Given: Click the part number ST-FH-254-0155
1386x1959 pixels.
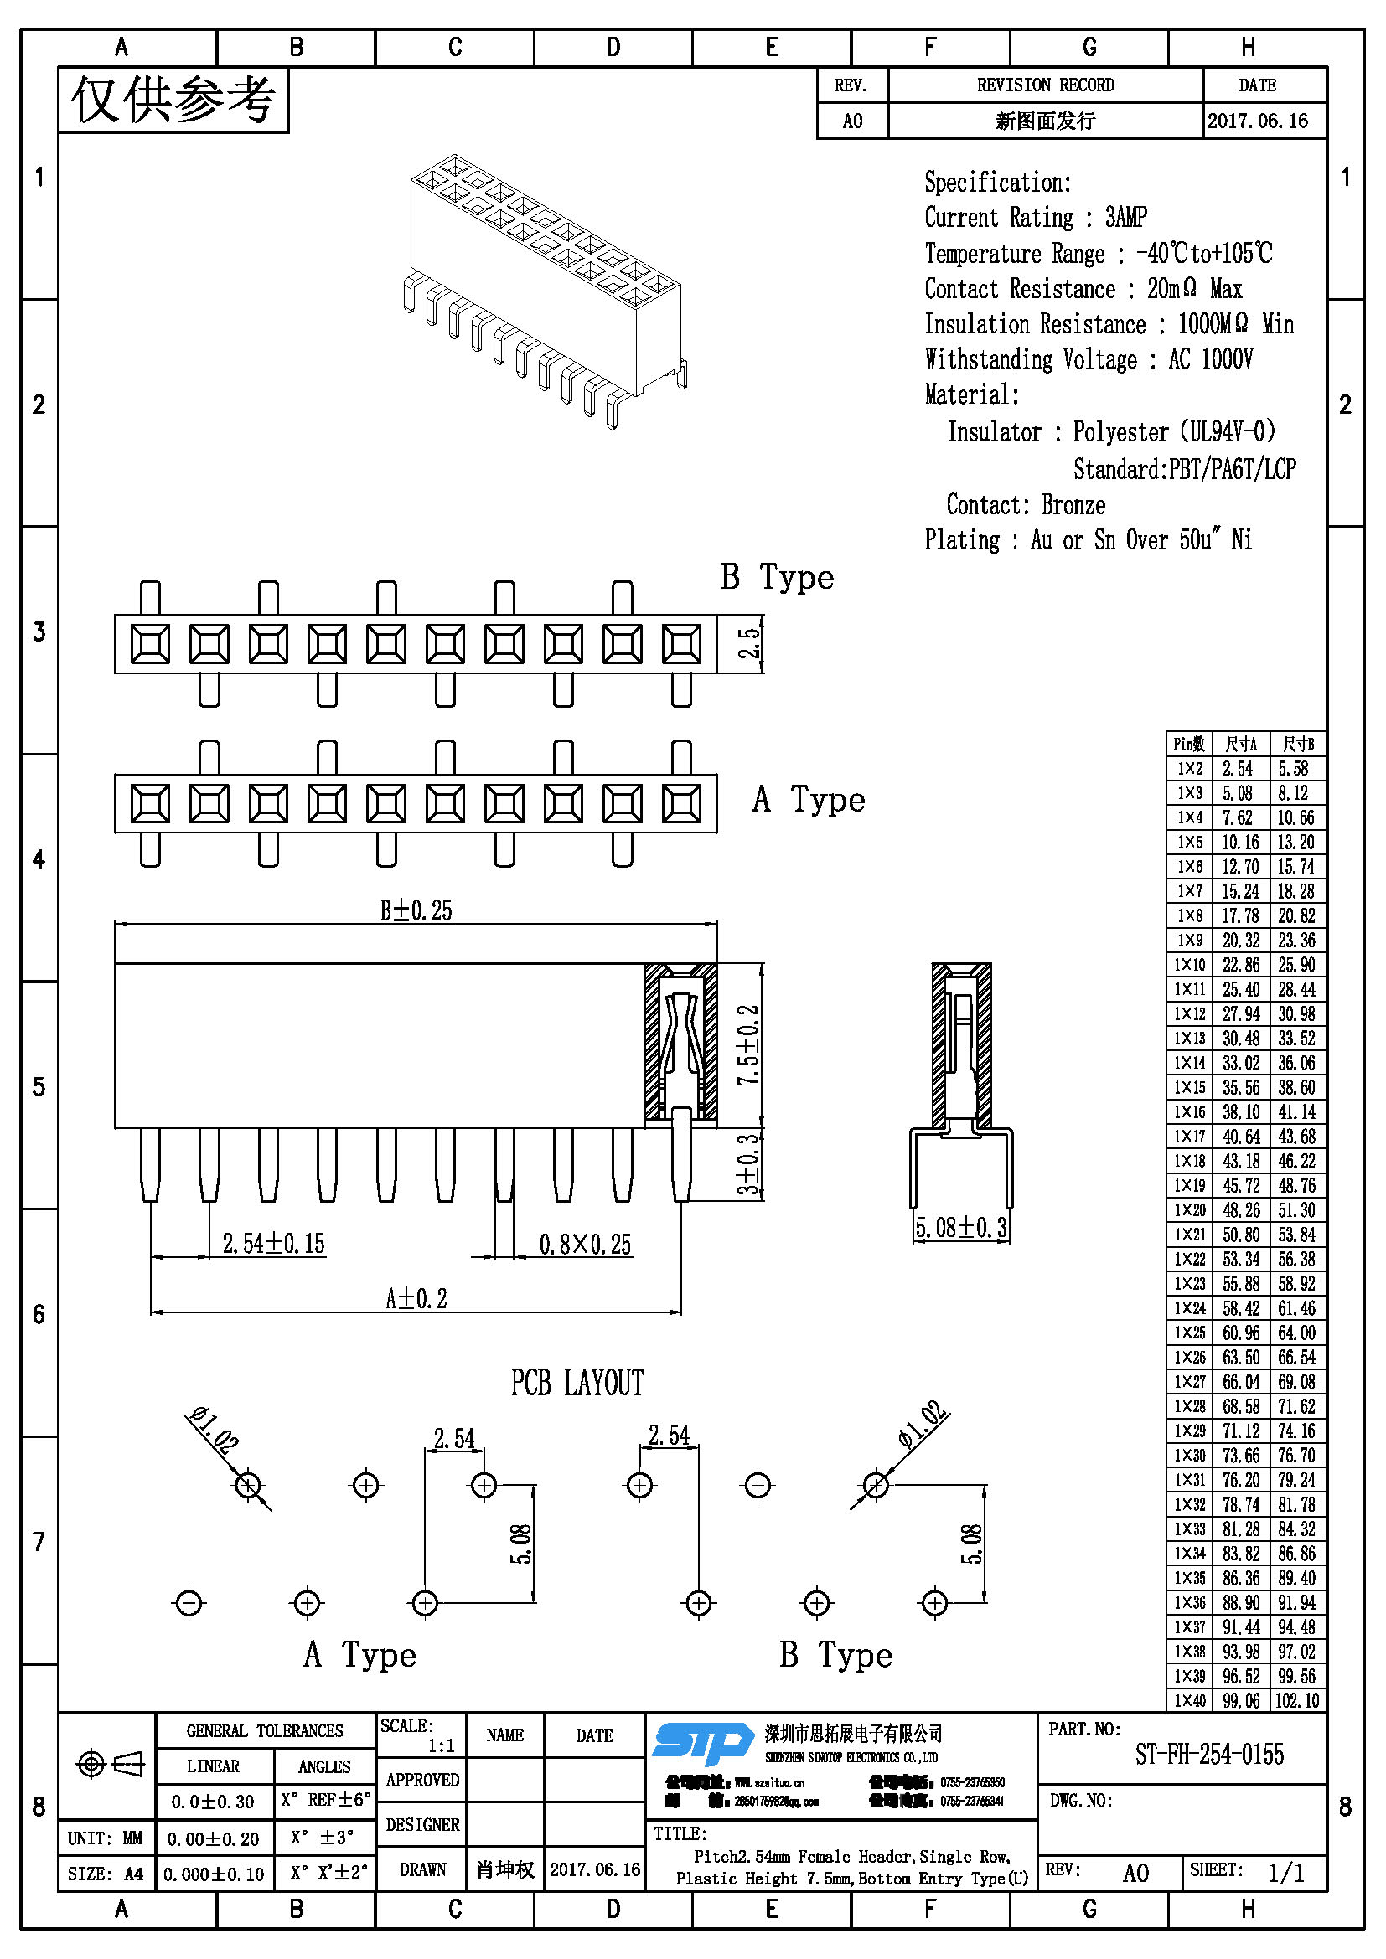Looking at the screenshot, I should [x=1208, y=1755].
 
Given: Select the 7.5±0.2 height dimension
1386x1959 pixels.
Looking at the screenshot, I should [x=748, y=1045].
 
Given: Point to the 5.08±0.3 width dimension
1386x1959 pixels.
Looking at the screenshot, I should [x=961, y=1228].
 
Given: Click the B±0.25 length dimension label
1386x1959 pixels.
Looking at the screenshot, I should [x=416, y=911].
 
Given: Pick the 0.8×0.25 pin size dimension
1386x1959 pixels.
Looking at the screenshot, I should [x=585, y=1245].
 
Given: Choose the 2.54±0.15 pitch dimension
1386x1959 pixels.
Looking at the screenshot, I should [x=273, y=1244].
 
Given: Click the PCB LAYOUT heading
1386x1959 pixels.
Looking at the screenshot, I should [x=577, y=1384].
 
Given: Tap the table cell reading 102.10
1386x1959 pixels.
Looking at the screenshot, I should [x=1297, y=1700].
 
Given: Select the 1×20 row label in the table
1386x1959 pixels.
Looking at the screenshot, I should [x=1190, y=1210].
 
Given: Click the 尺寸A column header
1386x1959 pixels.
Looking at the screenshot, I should [x=1240, y=744].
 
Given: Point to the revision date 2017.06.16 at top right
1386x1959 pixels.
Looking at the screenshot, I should [x=1257, y=121].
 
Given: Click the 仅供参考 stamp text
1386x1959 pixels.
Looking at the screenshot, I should [x=173, y=101].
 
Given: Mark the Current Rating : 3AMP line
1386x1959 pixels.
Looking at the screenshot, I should [x=1035, y=218].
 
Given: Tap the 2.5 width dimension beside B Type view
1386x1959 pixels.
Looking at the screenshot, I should [x=748, y=643].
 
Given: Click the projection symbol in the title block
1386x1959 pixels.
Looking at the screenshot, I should [x=110, y=1764].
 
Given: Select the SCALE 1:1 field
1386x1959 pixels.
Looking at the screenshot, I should [x=420, y=1735].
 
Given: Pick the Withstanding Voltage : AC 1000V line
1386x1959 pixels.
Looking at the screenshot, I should [x=1089, y=359].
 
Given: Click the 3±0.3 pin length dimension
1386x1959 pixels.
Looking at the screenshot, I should [x=748, y=1164].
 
